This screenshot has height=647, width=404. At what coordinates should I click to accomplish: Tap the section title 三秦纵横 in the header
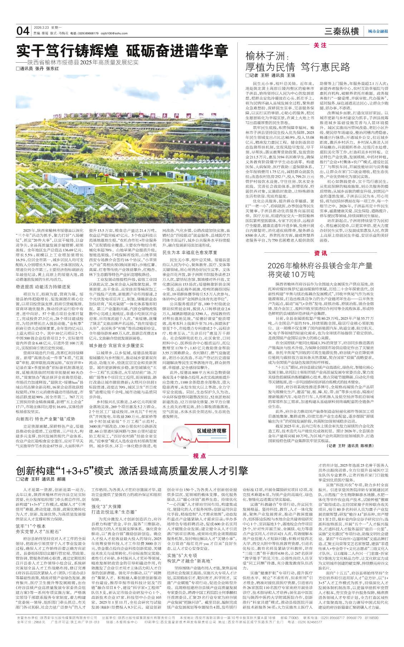pyautogui.click(x=341, y=31)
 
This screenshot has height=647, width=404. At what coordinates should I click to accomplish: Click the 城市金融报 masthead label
pyautogui.click(x=378, y=31)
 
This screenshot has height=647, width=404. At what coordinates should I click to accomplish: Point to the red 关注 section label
pyautogui.click(x=320, y=45)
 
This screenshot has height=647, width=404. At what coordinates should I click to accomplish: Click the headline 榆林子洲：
pyautogui.click(x=264, y=56)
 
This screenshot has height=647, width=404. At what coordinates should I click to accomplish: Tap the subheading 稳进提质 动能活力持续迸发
pyautogui.click(x=43, y=287)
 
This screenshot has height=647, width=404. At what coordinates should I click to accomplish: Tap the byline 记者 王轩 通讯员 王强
pyautogui.click(x=270, y=76)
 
